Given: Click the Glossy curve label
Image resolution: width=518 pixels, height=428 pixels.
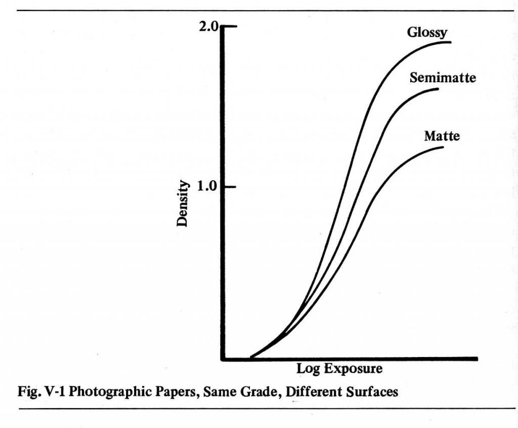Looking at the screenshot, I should [x=427, y=33].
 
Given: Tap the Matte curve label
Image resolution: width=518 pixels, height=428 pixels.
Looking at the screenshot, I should [x=442, y=136].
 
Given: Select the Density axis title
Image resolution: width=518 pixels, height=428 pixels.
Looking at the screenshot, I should [x=183, y=204].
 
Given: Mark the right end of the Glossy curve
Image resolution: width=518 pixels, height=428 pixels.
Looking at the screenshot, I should [x=450, y=42].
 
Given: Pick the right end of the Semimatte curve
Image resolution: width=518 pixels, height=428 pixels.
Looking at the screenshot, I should [x=438, y=89].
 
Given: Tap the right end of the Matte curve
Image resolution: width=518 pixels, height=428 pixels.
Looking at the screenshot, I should [x=443, y=147].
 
